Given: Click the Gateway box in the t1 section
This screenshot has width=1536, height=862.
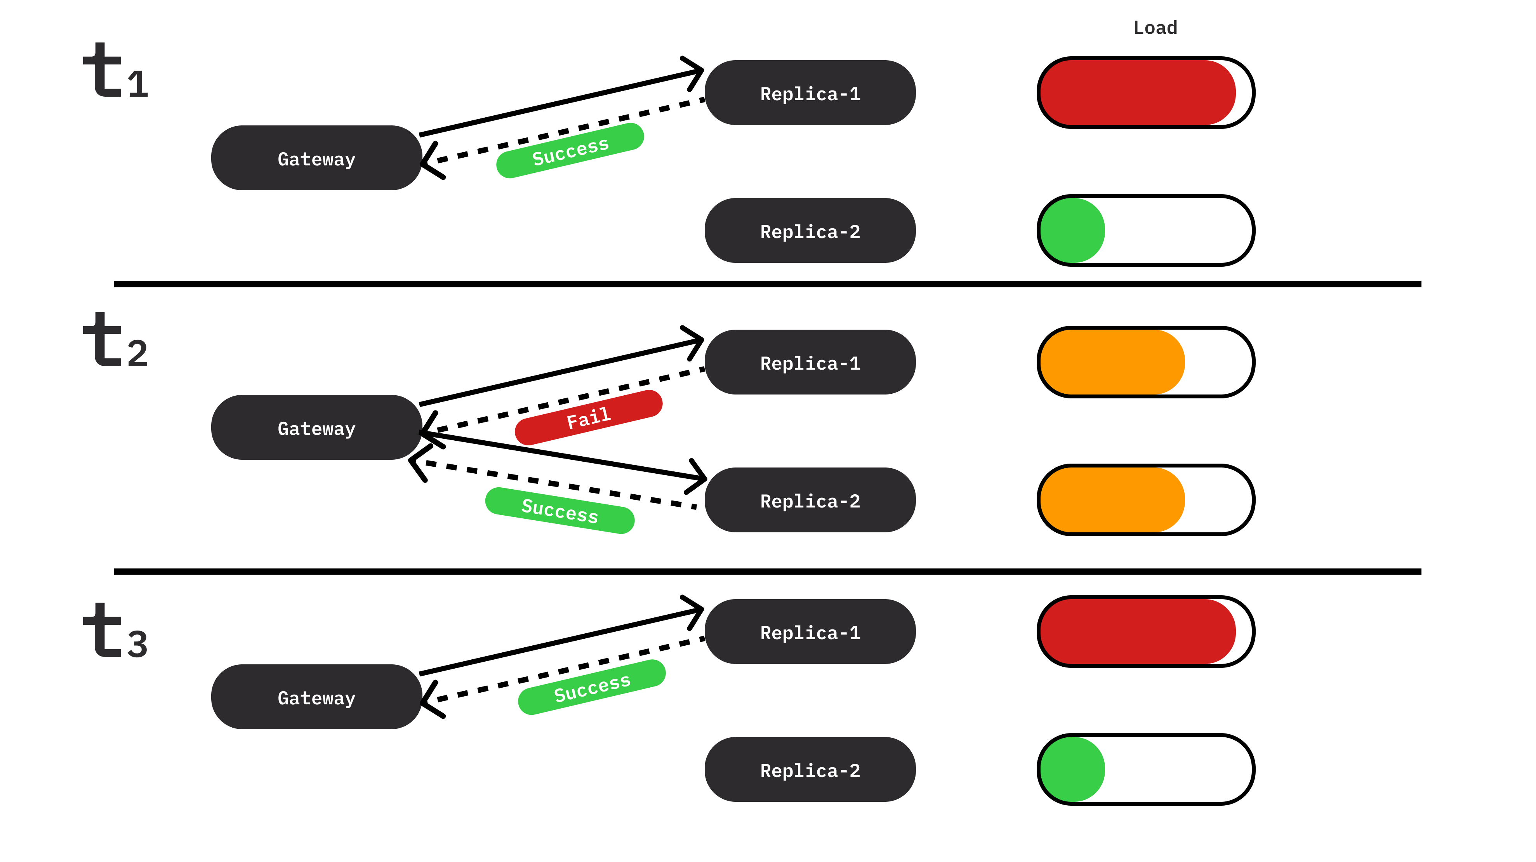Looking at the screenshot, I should click(316, 158).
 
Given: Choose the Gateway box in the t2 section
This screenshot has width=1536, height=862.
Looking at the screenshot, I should click(316, 428).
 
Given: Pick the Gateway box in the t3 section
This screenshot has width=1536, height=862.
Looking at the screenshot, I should click(316, 697).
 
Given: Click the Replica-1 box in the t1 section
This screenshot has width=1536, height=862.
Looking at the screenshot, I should click(810, 94).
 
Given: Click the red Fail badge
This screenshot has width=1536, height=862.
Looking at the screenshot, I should click(589, 417).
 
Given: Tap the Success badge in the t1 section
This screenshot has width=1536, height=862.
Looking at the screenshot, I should click(570, 151).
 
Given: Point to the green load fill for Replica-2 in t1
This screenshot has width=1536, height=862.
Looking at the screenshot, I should click(1072, 231).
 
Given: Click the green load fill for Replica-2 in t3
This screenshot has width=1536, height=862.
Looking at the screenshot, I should click(1072, 770).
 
